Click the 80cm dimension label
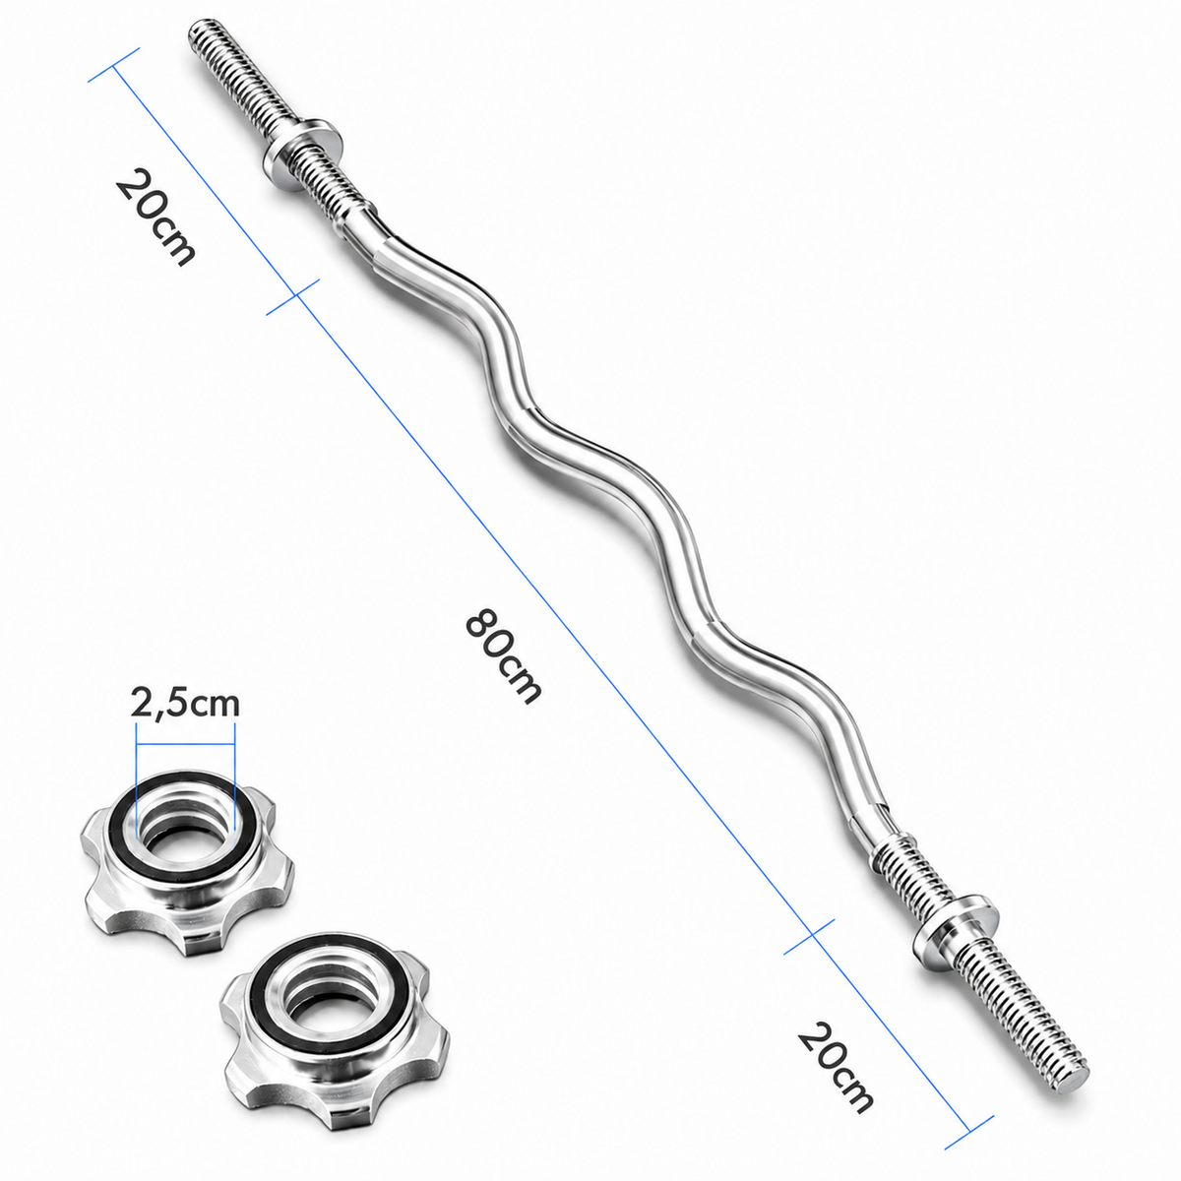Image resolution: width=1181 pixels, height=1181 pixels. click(x=504, y=656)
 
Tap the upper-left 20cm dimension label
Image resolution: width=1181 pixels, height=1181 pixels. click(x=155, y=218)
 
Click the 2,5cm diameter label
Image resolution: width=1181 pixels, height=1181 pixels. click(x=184, y=705)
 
